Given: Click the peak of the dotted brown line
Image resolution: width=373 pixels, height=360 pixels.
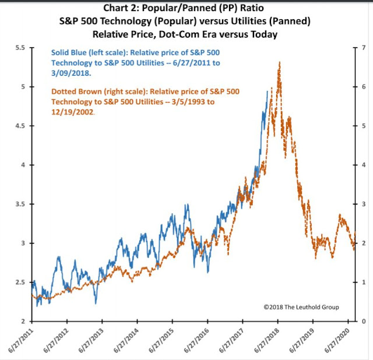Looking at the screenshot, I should point(280,62).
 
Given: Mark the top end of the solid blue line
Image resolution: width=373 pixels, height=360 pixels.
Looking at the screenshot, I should point(268,91).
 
